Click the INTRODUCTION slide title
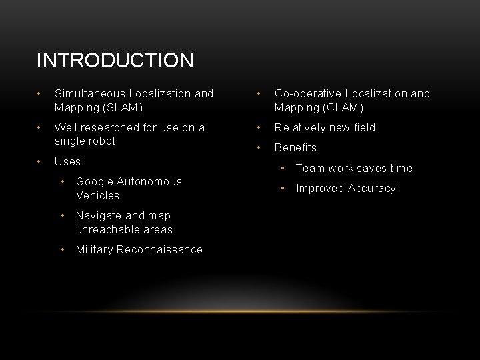coord(115,61)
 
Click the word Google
coord(95,181)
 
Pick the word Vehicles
coord(97,195)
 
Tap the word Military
coord(94,249)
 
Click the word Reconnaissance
coord(159,249)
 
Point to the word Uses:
coord(69,161)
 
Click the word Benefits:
coord(297,148)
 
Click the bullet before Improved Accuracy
coord(283,187)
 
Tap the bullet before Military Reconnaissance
coord(63,249)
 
